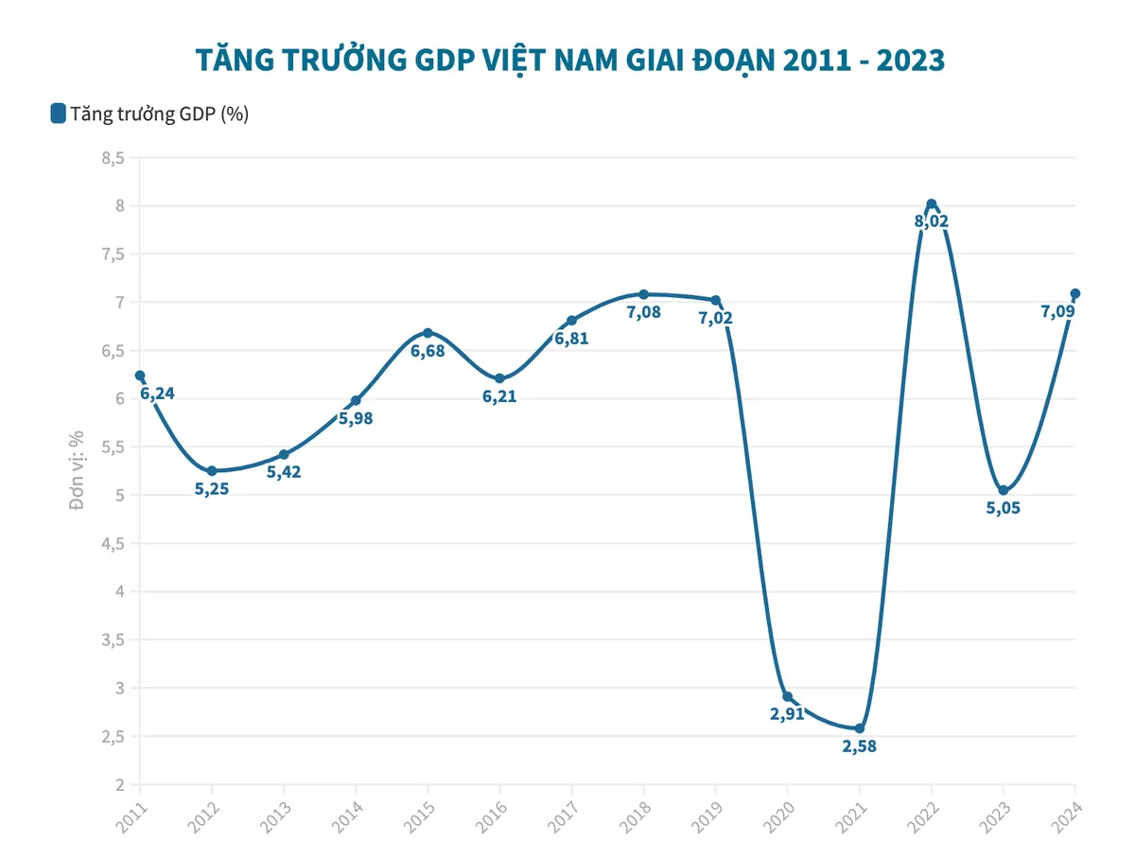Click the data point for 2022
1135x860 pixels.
(931, 203)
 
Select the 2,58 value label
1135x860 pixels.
(859, 746)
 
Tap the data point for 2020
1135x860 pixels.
(787, 696)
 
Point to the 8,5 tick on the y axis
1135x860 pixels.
(113, 158)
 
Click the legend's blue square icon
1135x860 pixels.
(58, 114)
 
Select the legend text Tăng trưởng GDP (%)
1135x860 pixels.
(159, 114)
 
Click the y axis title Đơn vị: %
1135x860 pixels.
(78, 470)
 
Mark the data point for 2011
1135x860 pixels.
(140, 376)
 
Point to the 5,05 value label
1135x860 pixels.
(1004, 508)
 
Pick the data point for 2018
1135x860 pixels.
(643, 294)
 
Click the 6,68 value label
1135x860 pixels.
(428, 350)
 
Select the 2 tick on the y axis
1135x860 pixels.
(120, 784)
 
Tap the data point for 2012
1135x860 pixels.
(212, 470)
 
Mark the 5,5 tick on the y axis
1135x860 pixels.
(113, 448)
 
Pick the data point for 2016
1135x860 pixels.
(499, 378)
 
